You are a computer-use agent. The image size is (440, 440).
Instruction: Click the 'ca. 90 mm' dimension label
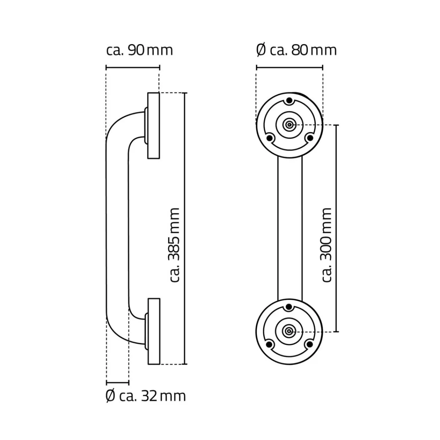point(139,51)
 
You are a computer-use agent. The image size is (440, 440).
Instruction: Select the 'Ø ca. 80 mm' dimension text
point(296,51)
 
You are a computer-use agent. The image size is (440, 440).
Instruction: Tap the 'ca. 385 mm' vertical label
point(174,245)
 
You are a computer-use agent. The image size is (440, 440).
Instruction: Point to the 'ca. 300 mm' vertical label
point(326,245)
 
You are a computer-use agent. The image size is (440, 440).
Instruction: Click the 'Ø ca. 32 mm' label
point(146,396)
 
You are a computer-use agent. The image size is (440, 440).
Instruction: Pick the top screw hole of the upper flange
point(289,100)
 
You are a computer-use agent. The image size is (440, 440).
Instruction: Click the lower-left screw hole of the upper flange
point(269,138)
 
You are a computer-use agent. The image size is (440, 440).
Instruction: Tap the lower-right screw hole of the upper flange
point(309,138)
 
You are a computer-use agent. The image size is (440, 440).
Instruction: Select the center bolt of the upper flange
point(289,125)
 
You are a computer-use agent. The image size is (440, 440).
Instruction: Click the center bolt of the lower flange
point(289,331)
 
